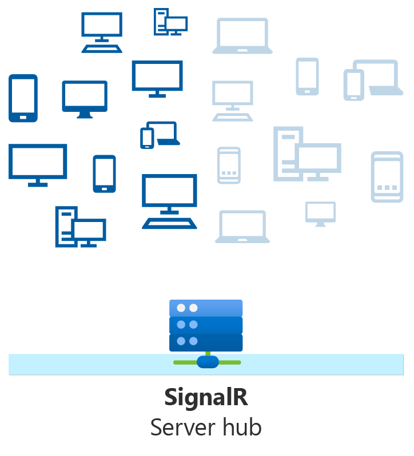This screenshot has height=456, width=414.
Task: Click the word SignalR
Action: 206,398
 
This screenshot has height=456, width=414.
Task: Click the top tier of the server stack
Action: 206,308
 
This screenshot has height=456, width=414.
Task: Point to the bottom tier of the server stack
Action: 206,342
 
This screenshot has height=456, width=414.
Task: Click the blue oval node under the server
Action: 207,362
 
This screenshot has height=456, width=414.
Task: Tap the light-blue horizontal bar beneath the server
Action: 86,364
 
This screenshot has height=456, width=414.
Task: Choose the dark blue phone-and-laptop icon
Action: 160,135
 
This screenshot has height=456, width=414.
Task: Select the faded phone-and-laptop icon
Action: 371,80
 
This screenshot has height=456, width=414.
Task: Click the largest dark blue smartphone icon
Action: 23,98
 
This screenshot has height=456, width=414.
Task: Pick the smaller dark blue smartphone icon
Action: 104,173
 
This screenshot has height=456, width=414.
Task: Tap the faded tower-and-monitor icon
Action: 306,154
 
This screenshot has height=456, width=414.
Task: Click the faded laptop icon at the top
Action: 242,36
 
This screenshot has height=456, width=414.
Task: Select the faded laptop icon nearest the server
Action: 242,227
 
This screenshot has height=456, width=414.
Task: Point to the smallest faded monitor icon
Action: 320,213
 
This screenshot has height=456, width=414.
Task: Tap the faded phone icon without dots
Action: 307,76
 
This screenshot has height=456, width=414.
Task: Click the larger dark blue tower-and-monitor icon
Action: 80,227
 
